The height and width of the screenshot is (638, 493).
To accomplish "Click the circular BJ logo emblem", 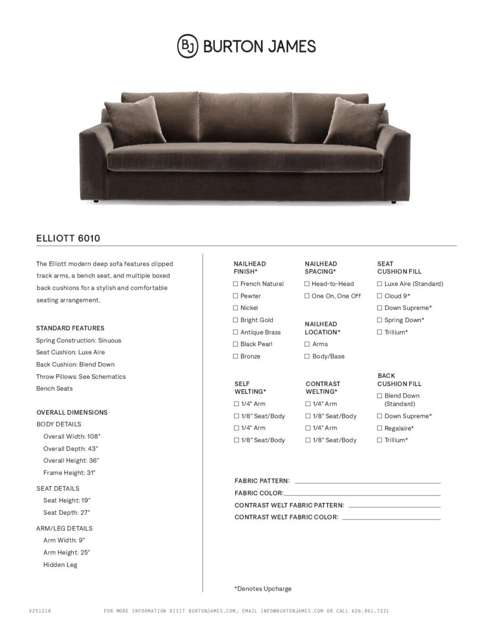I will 187,46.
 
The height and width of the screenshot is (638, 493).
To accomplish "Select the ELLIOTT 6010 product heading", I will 68,239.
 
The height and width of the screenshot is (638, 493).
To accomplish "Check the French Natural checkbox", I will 236,284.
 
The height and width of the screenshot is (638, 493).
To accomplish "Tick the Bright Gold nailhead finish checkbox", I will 236,320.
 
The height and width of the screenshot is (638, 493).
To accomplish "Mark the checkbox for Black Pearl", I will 236,344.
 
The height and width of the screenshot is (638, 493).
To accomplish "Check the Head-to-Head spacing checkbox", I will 307,284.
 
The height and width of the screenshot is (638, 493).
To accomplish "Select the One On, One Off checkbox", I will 307,296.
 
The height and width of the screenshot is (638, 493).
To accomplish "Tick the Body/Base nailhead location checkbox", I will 307,356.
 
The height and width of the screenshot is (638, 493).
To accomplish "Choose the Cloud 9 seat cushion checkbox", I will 380,296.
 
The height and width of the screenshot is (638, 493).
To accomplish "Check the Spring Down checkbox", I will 380,320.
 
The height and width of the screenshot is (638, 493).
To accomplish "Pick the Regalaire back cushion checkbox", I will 380,428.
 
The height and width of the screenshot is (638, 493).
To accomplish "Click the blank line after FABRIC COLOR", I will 362,494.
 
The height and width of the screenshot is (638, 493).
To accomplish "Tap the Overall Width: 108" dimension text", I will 72,436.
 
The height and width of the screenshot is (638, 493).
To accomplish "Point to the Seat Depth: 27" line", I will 66,513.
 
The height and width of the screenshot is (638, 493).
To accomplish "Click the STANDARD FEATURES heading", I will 70,328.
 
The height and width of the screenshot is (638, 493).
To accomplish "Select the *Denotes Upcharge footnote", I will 263,589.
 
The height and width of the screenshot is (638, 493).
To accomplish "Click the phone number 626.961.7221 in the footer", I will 370,611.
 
